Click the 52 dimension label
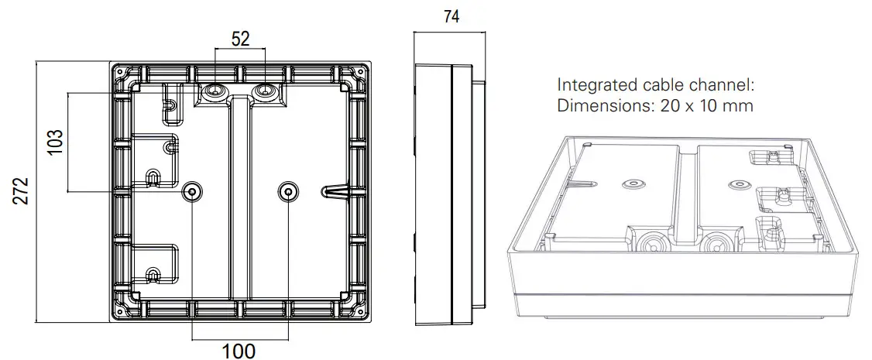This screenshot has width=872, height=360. (x=241, y=39)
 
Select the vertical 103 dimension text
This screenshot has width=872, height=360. (x=55, y=142)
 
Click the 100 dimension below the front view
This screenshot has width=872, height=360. (x=239, y=351)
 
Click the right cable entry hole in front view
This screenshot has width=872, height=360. (x=265, y=93)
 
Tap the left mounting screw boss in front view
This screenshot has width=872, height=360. (x=191, y=191)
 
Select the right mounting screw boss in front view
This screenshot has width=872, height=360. (x=288, y=191)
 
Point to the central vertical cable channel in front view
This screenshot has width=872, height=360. (x=240, y=201)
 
